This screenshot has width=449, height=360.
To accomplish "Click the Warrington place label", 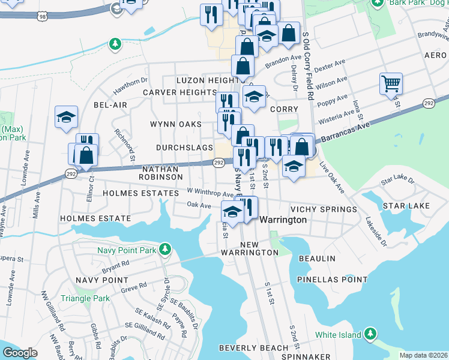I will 283,220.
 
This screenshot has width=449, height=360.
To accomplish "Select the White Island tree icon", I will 370,334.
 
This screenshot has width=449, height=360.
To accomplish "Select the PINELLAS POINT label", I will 332,280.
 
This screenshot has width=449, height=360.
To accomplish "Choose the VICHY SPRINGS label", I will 324,209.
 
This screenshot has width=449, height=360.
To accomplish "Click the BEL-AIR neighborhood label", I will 110,105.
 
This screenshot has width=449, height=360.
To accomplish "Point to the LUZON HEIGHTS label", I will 208,80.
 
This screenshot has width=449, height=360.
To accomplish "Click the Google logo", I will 20,353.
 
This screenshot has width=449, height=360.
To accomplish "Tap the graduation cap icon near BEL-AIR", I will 66,116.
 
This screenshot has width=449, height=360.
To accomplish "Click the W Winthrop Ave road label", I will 209,193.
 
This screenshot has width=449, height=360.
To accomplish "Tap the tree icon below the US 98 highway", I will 114,44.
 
